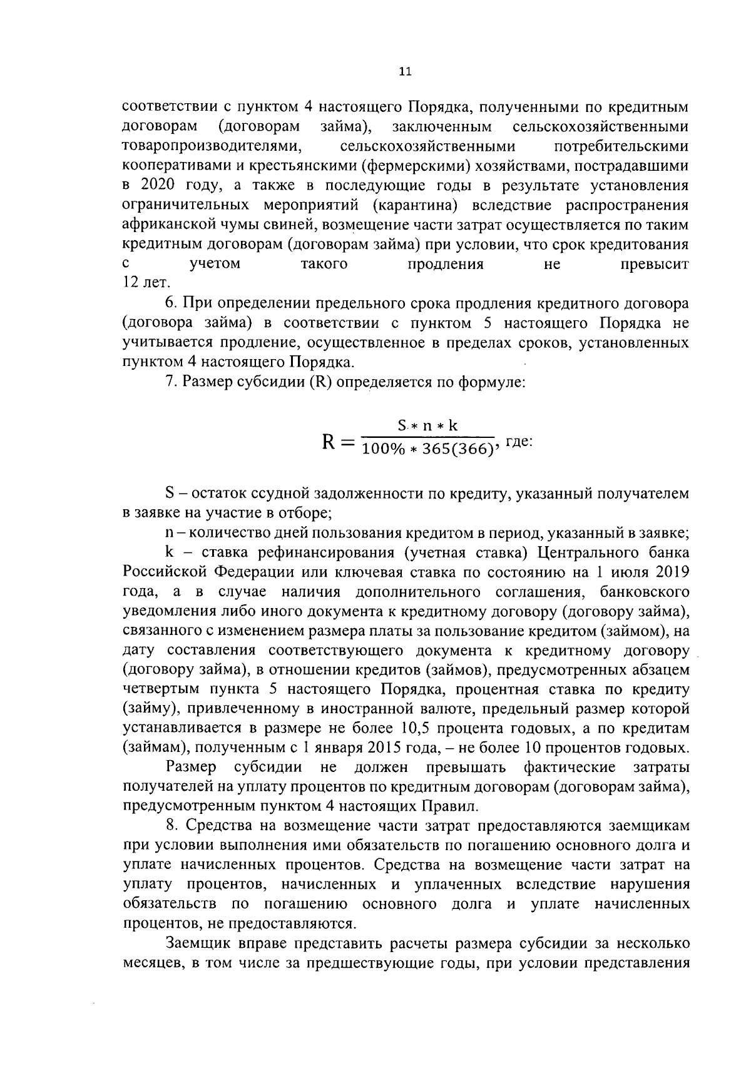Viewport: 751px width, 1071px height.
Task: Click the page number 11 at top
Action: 405,71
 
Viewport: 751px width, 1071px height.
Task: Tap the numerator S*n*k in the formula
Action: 428,426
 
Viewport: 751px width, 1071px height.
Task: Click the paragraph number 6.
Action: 170,303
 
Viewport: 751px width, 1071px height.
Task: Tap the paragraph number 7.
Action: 170,382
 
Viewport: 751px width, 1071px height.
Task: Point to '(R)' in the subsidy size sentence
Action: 320,382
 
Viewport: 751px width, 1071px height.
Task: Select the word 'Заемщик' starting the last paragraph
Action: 195,943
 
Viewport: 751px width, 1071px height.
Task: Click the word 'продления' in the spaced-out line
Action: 446,264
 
